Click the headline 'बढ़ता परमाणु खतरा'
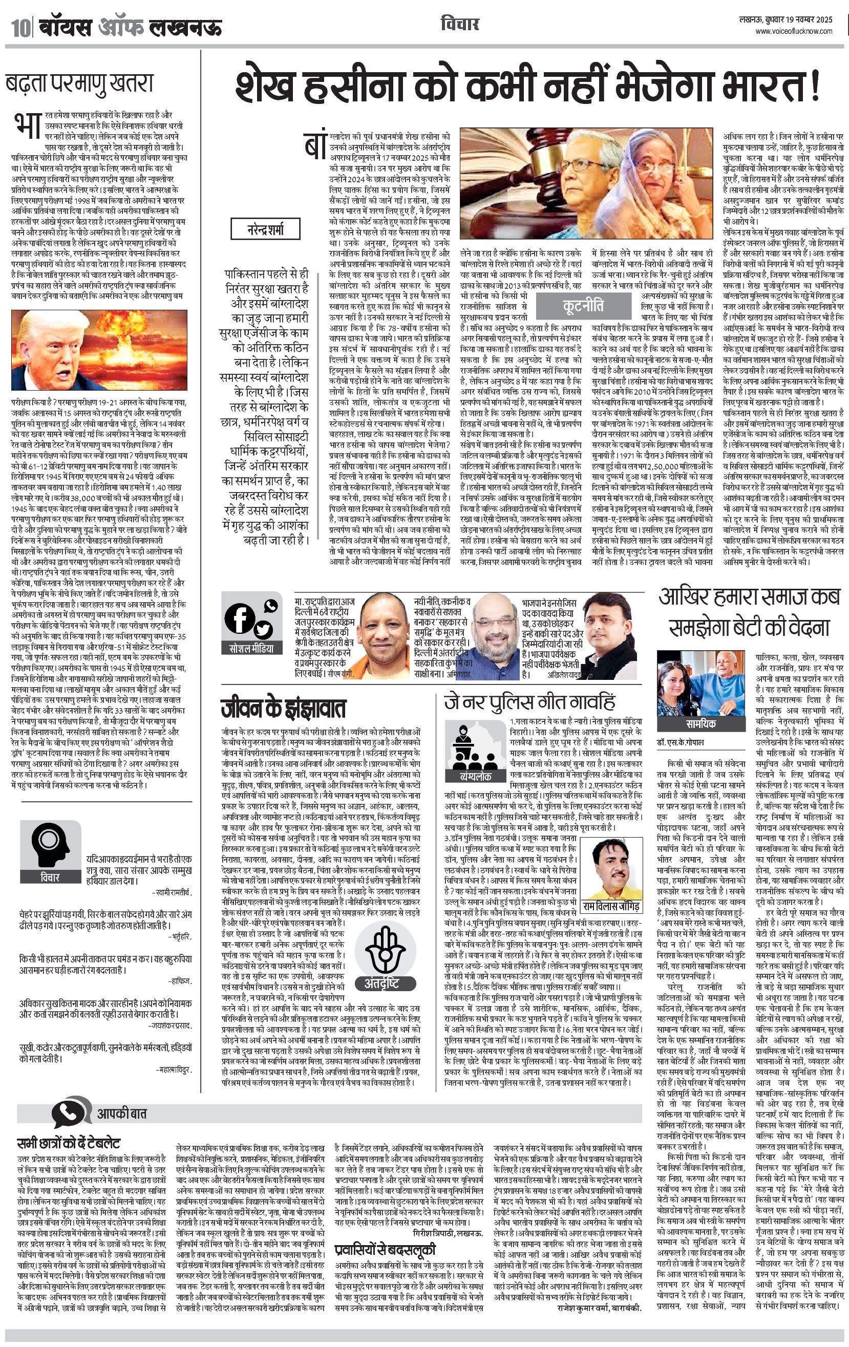79,84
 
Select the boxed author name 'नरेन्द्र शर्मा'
266,229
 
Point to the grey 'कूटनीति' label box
583,306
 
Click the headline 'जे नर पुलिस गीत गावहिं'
529,702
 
